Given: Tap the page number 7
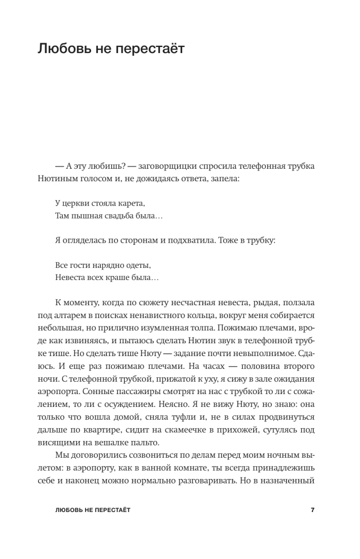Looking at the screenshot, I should [313, 510].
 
